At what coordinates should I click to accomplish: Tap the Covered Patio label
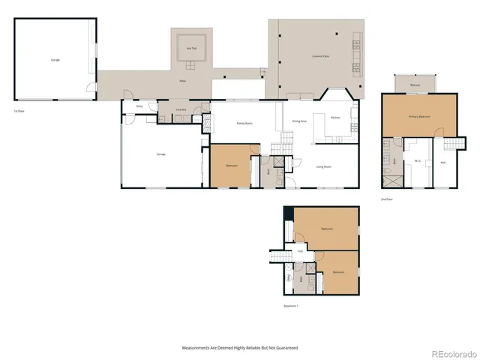coord(322,57)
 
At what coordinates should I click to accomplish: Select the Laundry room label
coord(181,110)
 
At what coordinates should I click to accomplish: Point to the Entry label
coord(139,106)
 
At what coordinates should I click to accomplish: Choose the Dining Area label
coord(298,121)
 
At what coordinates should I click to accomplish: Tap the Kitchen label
coord(336,118)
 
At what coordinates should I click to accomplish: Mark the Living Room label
coord(324,166)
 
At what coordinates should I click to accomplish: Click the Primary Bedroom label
coord(418,117)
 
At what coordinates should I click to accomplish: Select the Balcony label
coord(415,85)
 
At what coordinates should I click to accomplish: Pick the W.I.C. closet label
coord(417,161)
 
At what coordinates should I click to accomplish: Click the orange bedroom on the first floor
coord(232,166)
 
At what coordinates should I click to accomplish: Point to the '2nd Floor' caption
coord(388,199)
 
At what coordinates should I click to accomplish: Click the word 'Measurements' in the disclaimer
coord(197,347)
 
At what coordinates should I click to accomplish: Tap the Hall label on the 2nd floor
coord(443,161)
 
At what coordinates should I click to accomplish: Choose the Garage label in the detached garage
coord(55,60)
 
